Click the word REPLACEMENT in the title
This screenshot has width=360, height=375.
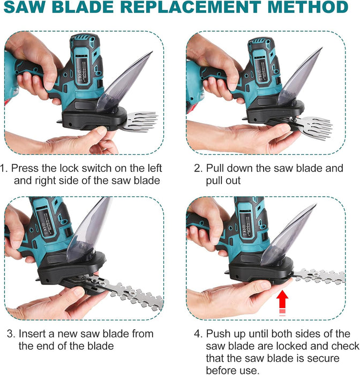191,6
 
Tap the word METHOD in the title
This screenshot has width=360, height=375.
308,6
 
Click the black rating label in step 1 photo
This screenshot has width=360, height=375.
82,69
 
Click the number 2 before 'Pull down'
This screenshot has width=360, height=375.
198,168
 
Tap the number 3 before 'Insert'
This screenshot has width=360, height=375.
11,334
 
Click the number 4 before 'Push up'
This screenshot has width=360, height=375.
198,334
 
